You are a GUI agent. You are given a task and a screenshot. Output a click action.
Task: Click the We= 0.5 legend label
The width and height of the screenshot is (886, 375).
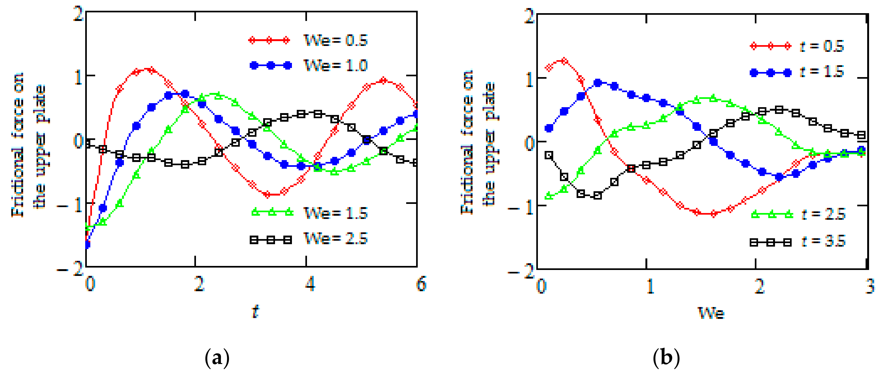[x=336, y=40]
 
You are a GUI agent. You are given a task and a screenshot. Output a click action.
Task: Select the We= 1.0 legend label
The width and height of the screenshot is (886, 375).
[x=336, y=65]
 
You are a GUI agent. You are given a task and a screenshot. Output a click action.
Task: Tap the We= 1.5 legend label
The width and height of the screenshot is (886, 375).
[x=336, y=213]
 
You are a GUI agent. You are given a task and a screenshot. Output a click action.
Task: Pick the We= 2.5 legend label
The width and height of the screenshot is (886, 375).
[x=336, y=239]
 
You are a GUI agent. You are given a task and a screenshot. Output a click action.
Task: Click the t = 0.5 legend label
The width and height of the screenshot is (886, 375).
[x=822, y=46]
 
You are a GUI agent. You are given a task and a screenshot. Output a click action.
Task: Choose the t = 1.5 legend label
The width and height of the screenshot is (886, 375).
[x=822, y=71]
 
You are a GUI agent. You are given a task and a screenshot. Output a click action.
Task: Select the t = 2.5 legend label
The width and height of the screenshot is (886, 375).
[x=823, y=214]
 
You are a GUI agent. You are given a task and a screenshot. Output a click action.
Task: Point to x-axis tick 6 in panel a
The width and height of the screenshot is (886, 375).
[x=421, y=284]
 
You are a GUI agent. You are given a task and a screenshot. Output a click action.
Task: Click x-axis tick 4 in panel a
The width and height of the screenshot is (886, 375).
[x=310, y=284]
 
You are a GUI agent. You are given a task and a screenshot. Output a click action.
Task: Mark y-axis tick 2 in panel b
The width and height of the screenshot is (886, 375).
[x=529, y=16]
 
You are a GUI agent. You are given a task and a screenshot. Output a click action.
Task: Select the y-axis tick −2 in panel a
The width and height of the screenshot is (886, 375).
[x=70, y=269]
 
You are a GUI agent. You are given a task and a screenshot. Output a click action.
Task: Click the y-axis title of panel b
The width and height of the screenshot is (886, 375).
[x=478, y=143]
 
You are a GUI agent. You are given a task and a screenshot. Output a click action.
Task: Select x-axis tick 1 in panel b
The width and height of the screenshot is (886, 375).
[x=650, y=286]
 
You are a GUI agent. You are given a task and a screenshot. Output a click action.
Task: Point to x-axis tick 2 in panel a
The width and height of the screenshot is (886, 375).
[x=199, y=284]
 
